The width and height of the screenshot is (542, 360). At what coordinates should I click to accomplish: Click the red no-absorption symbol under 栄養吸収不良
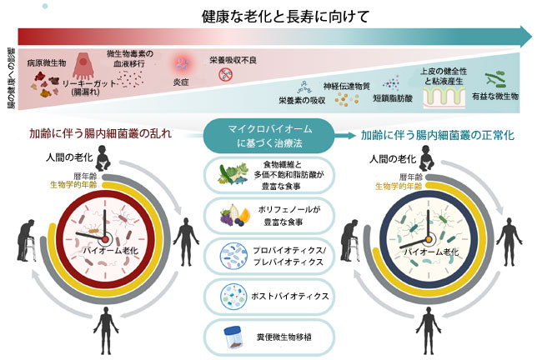[x=224, y=74]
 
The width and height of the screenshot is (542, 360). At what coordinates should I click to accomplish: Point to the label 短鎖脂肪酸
[x=393, y=97]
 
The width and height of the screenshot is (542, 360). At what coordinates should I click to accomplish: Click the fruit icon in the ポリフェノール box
[x=232, y=213]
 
